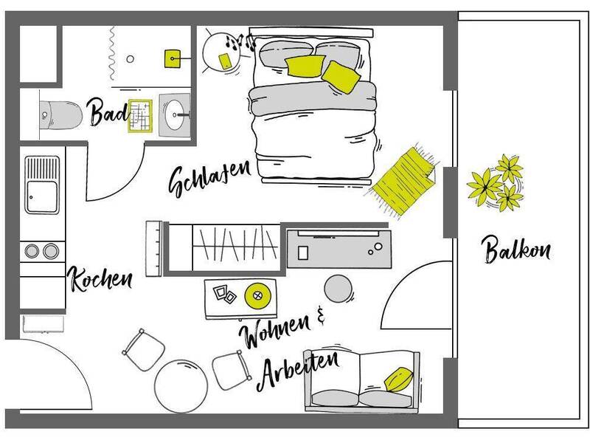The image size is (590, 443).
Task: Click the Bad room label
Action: coord(108,112)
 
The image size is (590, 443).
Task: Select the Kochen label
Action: coord(100,279)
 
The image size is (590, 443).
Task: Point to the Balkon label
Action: coord(516,250)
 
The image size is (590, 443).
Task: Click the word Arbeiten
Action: coord(299,370)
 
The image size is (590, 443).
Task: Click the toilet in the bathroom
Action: coord(60,115)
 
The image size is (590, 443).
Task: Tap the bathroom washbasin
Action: coord(175,114)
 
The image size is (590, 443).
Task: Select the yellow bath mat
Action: coord(140,116)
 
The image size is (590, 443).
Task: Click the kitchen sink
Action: coord(42,185)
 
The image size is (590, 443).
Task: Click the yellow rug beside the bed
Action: coord(403,181)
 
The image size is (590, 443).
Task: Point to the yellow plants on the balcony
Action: coord(495,182)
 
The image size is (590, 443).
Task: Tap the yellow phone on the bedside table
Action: coord(225,61)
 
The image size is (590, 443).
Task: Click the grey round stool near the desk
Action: coord(339,289)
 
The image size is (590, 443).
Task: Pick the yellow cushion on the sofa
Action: coord(398,380)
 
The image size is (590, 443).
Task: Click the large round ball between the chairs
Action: coord(181,386)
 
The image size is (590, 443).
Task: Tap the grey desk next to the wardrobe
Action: coord(339,248)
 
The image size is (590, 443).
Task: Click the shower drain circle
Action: coord(131,59)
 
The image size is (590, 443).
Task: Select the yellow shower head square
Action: coord(173,59)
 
